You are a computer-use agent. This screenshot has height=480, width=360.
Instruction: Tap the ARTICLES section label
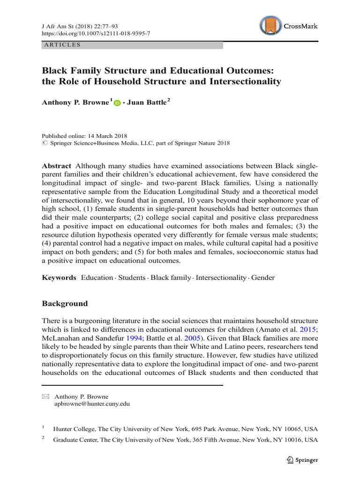pos(62,45)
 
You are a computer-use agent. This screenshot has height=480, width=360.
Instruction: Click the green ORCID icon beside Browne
pos(117,103)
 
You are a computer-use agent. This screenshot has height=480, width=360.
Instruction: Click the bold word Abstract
pos(57,166)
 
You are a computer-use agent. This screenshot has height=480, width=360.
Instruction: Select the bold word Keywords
pos(59,277)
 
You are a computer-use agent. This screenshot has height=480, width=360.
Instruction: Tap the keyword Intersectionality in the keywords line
pos(221,277)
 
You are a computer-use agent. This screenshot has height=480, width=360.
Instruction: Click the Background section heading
pos(65,303)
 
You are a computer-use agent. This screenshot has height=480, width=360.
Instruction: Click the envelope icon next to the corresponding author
pos(45,396)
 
